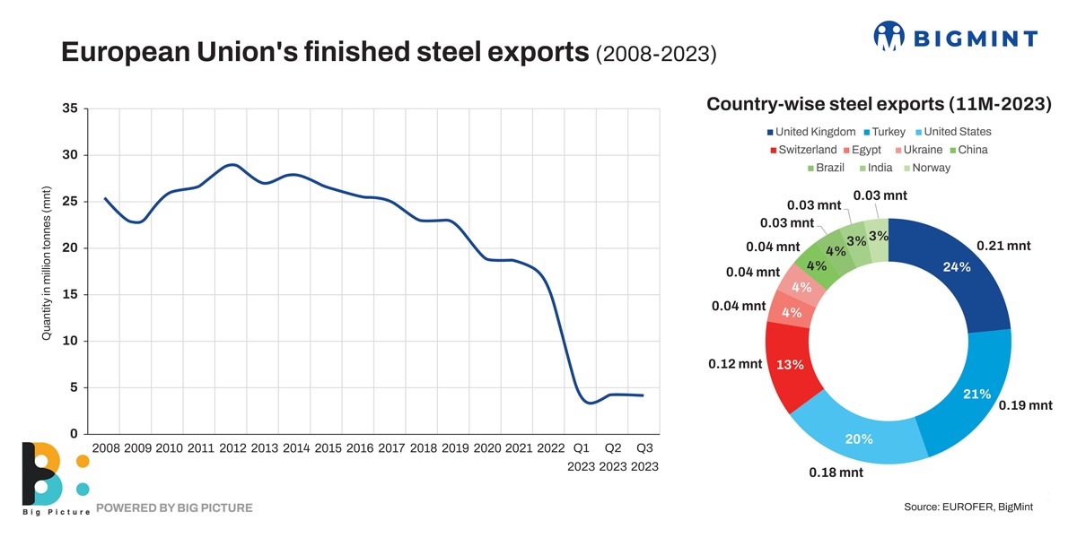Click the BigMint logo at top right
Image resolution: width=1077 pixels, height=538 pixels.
[955, 37]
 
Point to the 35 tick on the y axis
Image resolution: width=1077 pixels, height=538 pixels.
[70, 108]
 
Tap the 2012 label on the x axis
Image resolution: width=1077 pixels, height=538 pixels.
[232, 447]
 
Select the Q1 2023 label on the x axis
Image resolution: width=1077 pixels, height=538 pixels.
[581, 456]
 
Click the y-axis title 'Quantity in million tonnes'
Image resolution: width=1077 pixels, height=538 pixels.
[46, 263]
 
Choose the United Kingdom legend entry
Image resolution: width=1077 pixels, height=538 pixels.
[817, 132]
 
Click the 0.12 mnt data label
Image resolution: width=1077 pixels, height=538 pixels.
[734, 365]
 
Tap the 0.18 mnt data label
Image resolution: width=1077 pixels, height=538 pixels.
[836, 473]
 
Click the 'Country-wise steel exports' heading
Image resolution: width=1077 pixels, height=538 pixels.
[879, 104]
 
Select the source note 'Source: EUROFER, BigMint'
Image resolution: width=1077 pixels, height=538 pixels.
[968, 508]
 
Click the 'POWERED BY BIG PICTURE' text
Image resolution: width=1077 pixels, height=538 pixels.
[174, 508]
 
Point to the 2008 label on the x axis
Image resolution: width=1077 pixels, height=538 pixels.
[106, 447]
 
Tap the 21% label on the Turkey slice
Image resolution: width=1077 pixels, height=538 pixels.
[976, 394]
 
